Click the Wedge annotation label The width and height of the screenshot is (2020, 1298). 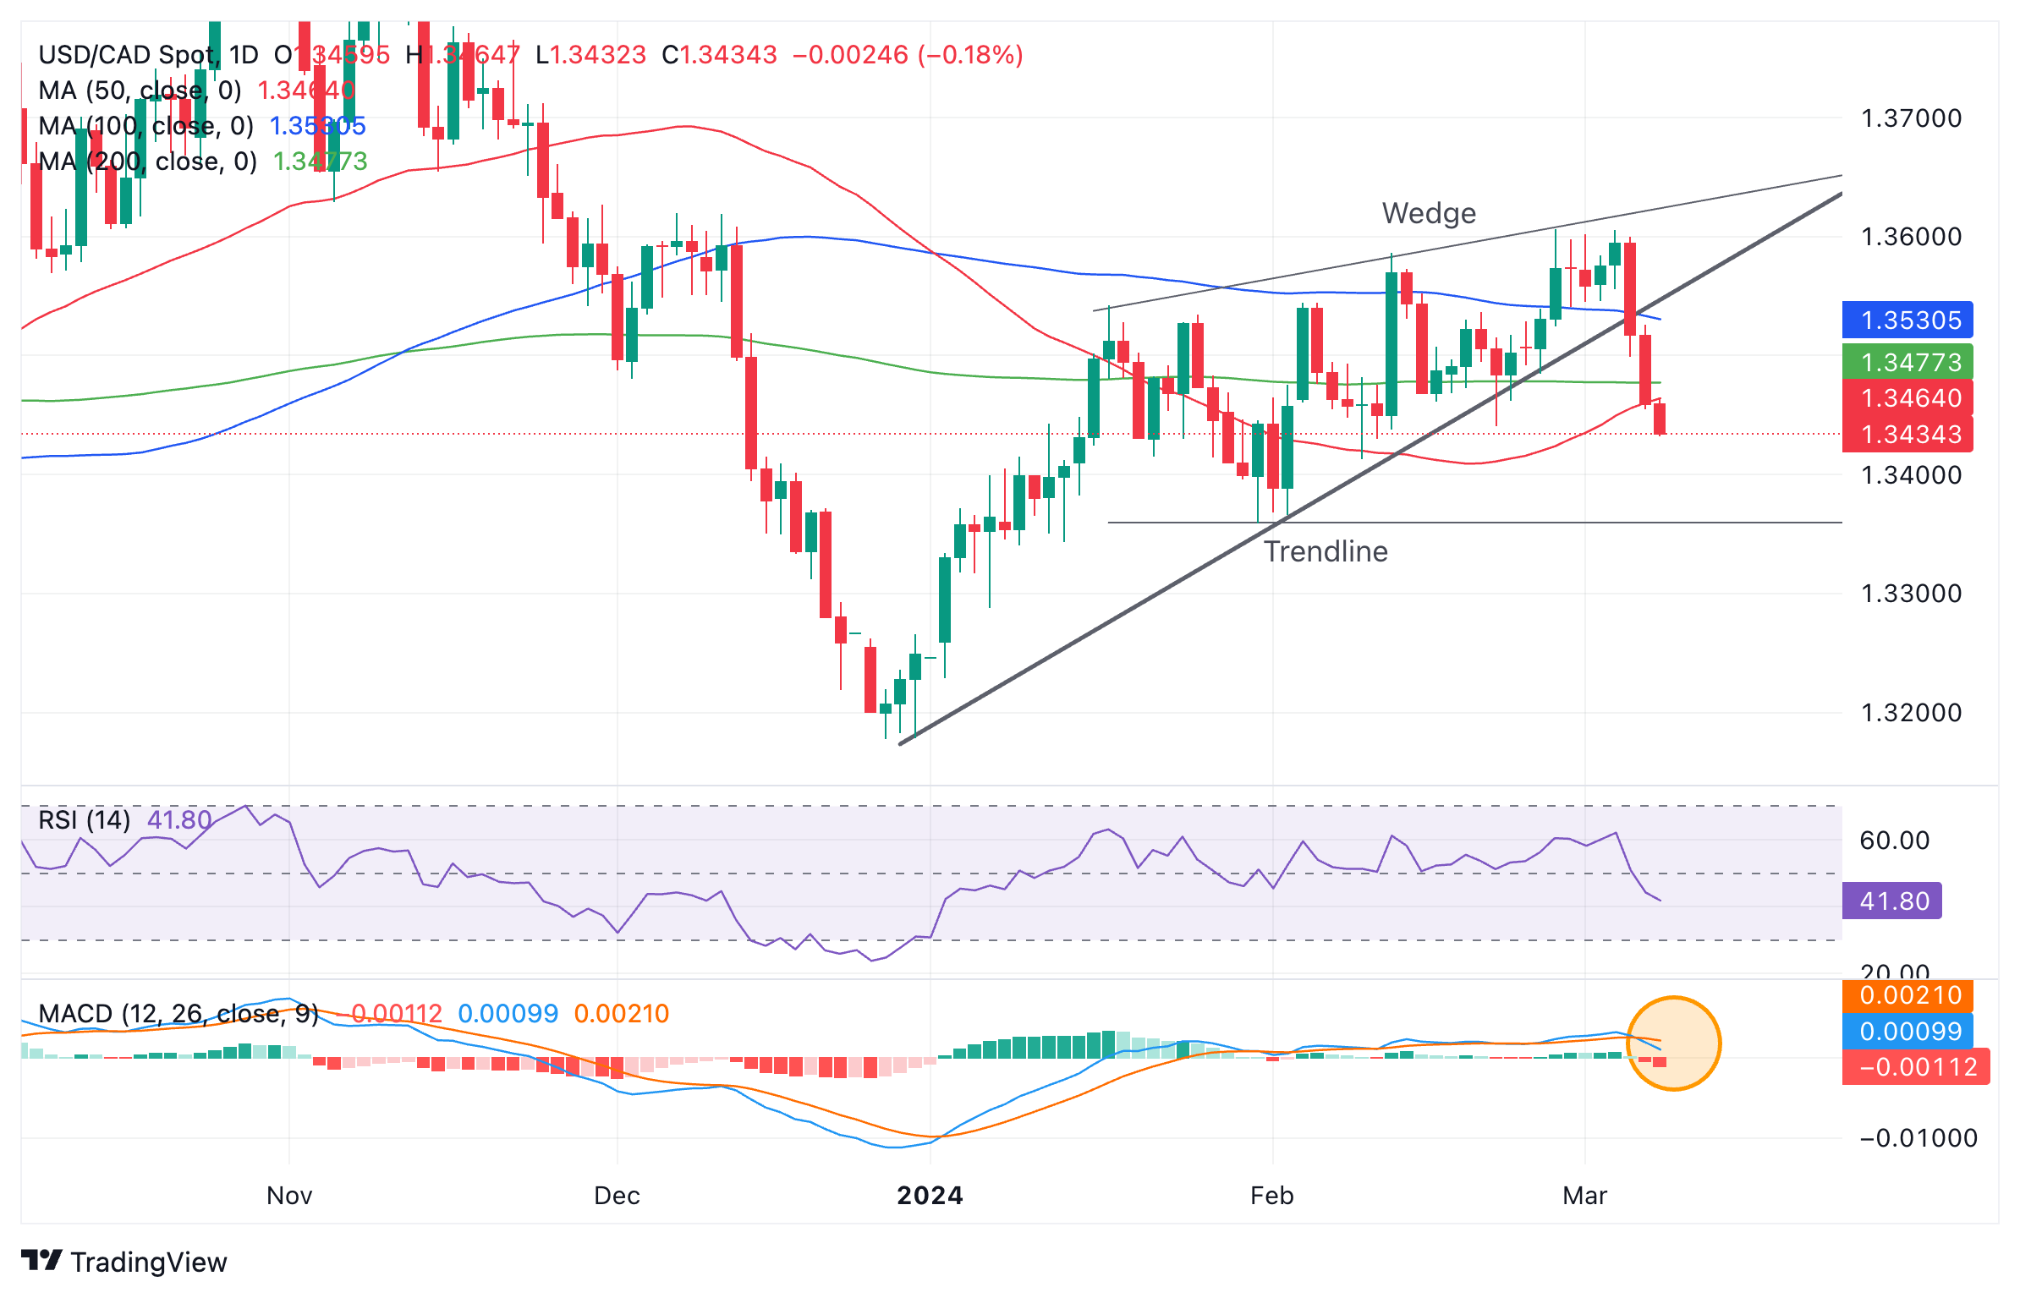click(x=1428, y=213)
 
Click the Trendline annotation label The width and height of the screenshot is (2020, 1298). click(x=1325, y=551)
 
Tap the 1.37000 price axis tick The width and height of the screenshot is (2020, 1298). click(x=1910, y=118)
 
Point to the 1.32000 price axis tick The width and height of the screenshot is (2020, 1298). click(x=1910, y=713)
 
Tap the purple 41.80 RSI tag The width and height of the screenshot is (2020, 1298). click(x=1891, y=901)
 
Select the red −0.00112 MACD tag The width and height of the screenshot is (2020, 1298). click(x=1915, y=1067)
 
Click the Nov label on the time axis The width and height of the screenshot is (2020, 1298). click(x=289, y=1196)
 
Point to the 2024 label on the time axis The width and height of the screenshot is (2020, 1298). click(x=930, y=1196)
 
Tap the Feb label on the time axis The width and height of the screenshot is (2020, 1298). click(x=1271, y=1196)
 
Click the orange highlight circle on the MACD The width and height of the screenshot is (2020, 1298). click(x=1673, y=1043)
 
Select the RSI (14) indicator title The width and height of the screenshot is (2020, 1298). click(x=84, y=820)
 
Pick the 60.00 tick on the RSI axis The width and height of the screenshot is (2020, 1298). click(x=1894, y=841)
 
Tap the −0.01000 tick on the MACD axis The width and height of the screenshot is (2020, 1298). click(x=1918, y=1138)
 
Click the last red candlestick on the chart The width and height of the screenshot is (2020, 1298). click(x=1660, y=419)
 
